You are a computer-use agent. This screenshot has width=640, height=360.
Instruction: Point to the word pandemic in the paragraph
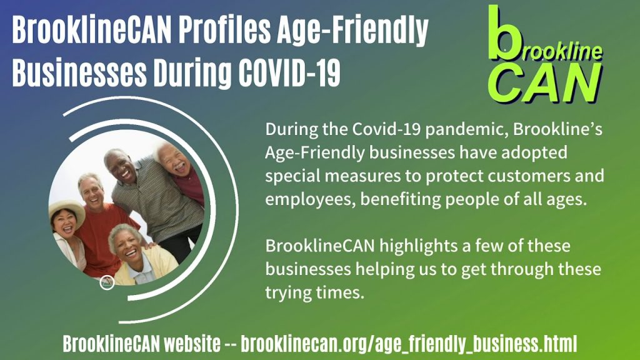click(466, 129)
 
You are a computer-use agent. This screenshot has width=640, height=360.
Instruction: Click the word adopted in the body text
click(534, 152)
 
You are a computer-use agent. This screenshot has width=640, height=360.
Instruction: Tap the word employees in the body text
click(310, 200)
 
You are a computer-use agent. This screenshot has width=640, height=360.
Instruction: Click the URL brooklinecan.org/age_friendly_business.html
click(409, 343)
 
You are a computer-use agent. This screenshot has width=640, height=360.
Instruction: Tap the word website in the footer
click(192, 343)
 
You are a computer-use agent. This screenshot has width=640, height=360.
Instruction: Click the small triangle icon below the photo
click(107, 282)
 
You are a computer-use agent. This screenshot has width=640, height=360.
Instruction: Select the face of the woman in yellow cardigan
click(126, 244)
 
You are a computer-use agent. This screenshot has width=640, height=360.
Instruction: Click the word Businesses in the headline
click(79, 72)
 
